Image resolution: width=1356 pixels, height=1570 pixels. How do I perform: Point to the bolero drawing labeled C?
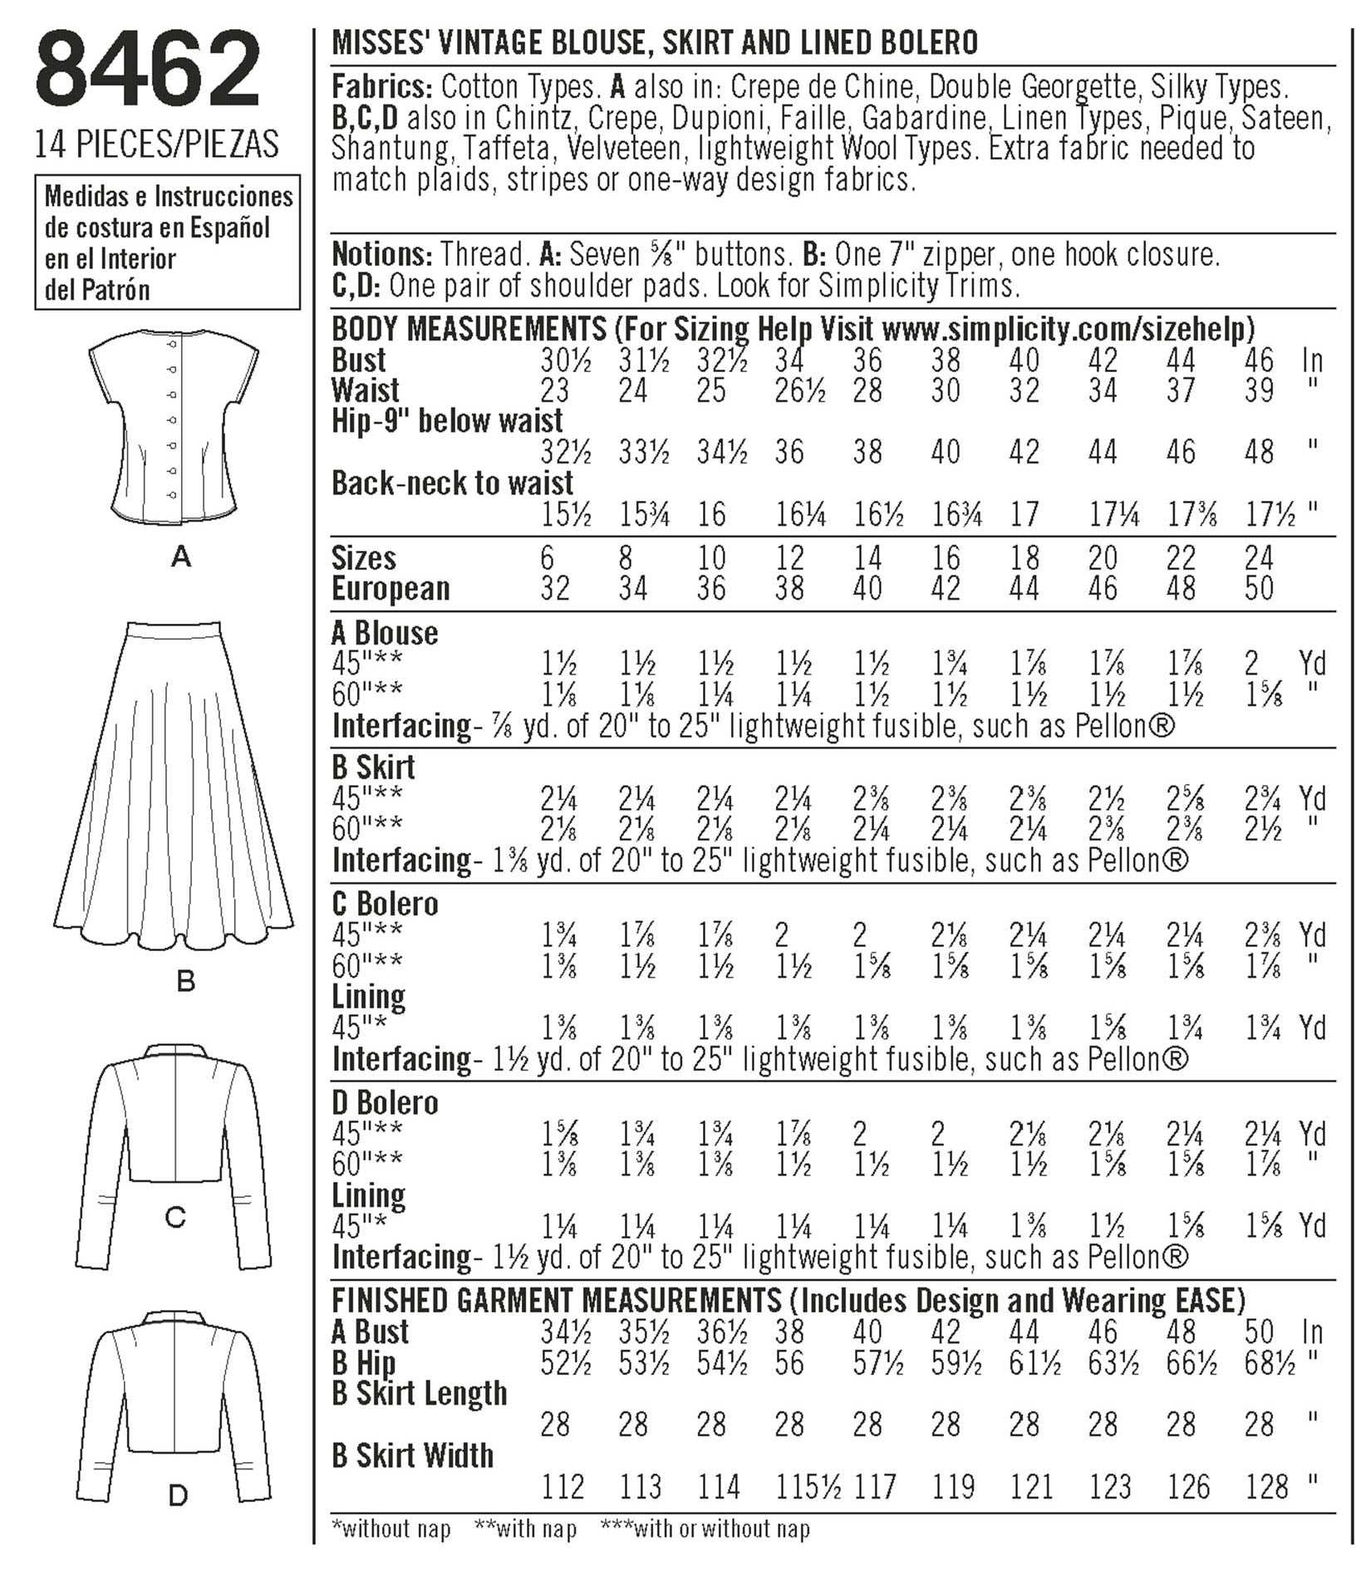(x=174, y=1155)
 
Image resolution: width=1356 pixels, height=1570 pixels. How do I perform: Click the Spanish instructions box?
(x=167, y=243)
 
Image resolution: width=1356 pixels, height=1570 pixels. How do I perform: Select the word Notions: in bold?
(x=381, y=254)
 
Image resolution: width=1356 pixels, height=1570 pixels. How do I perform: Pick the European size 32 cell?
(x=555, y=588)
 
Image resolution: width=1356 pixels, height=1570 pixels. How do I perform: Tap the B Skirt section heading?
(x=373, y=768)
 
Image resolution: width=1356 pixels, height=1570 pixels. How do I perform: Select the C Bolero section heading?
(x=384, y=904)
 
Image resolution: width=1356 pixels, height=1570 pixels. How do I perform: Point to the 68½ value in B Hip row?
(x=1270, y=1363)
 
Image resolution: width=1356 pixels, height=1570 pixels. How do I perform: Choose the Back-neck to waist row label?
(x=452, y=483)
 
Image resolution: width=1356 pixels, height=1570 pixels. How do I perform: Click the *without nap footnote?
(x=391, y=1528)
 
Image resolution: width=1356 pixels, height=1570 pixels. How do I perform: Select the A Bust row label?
(x=370, y=1332)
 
